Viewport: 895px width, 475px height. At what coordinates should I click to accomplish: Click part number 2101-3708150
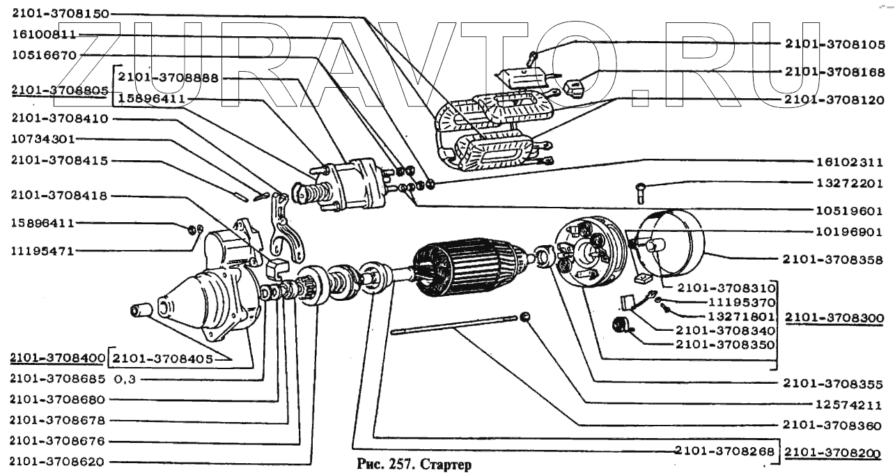pyautogui.click(x=61, y=14)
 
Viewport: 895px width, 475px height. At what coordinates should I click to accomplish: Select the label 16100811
pyautogui.click(x=44, y=34)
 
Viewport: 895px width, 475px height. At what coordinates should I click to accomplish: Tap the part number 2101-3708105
pyautogui.click(x=835, y=44)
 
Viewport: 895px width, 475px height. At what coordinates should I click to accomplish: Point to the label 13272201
pyautogui.click(x=849, y=183)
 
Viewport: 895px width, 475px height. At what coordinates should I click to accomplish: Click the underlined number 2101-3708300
pyautogui.click(x=834, y=318)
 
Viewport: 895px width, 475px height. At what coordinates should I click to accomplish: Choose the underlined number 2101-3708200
pyautogui.click(x=833, y=453)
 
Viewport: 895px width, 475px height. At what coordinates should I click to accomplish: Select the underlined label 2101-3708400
pyautogui.click(x=58, y=358)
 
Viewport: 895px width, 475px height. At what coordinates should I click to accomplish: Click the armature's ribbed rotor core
pyautogui.click(x=472, y=267)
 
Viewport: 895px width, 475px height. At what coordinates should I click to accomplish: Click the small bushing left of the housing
pyautogui.click(x=141, y=311)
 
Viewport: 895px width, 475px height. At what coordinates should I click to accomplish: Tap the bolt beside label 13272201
pyautogui.click(x=641, y=192)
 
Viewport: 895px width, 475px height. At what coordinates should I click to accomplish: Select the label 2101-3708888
pyautogui.click(x=169, y=77)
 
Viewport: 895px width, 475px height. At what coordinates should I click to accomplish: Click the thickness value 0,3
pyautogui.click(x=125, y=379)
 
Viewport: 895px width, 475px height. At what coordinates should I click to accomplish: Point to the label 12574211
pyautogui.click(x=848, y=405)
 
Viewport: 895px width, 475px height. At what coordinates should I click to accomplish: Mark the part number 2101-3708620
pyautogui.click(x=56, y=462)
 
